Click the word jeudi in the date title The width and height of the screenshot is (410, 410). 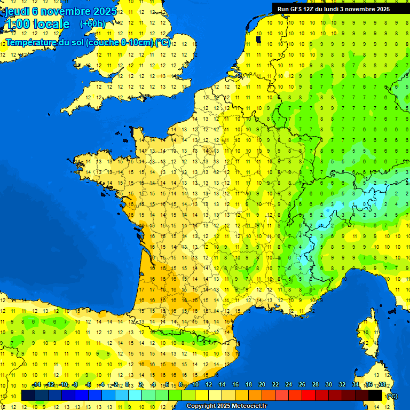tap(18, 11)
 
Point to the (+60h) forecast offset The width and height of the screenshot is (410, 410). tap(92, 24)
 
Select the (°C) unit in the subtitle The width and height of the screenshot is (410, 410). tap(163, 42)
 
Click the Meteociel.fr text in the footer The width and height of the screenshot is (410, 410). tap(249, 406)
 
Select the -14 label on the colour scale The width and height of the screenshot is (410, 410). tap(36, 385)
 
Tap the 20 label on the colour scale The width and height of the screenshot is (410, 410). tap(262, 385)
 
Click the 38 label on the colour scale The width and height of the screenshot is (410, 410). tap(382, 385)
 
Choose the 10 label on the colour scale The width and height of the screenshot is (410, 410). tap(195, 385)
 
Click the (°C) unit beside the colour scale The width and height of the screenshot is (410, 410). tap(391, 396)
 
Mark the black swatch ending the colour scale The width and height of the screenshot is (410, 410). tap(375, 395)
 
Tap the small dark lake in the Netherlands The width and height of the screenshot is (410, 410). tap(258, 39)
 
